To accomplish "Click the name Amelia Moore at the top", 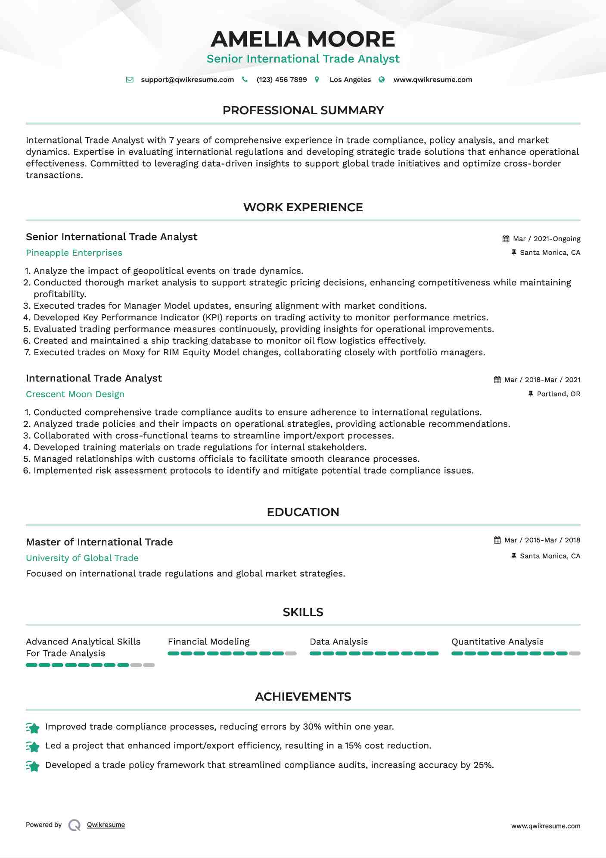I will [x=303, y=39].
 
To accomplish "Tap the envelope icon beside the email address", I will [x=130, y=80].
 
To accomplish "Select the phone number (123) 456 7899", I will [x=282, y=80].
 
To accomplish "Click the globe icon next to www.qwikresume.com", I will [x=382, y=80].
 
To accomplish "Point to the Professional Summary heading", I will [x=303, y=110].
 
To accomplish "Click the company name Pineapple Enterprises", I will [x=74, y=253].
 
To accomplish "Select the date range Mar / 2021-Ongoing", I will [x=547, y=239].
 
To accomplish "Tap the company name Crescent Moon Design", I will [x=75, y=395].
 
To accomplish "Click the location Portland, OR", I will [x=558, y=394].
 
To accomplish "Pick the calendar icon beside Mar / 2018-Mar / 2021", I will [x=497, y=380].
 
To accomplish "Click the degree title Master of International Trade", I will [x=99, y=542].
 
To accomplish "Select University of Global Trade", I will [x=82, y=558].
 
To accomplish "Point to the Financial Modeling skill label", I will [x=208, y=642].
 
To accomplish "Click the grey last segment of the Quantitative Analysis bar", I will [x=575, y=654].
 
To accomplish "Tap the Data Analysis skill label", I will [x=339, y=642].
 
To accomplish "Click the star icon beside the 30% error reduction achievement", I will [x=33, y=728].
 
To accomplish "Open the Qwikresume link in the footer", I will [x=106, y=825].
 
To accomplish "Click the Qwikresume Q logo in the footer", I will [x=75, y=825].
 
